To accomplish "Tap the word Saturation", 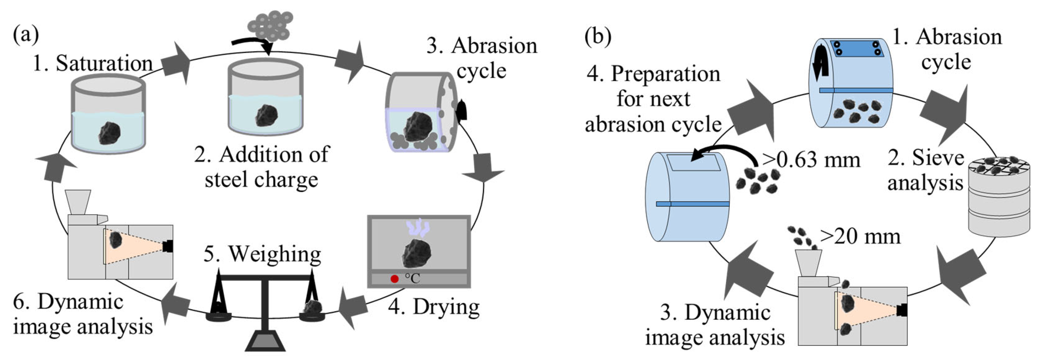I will [x=103, y=64].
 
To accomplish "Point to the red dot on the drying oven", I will [x=394, y=279].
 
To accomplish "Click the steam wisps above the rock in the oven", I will [x=418, y=229].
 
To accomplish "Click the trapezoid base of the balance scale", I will [x=265, y=341].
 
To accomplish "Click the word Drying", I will [x=446, y=307].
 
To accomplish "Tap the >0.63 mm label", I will [x=811, y=160].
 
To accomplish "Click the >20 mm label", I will [x=860, y=236].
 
